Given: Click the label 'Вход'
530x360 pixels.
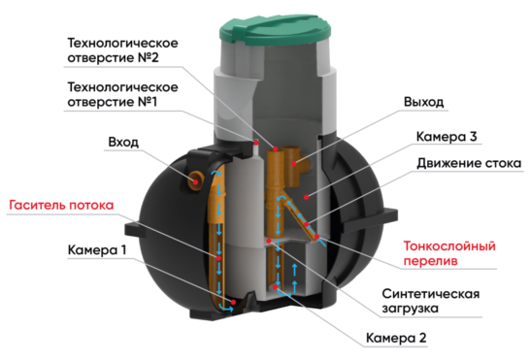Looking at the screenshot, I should pos(122,143).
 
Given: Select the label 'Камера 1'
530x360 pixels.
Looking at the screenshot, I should pos(97,249).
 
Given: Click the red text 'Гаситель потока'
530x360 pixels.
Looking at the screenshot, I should pos(61,206).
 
